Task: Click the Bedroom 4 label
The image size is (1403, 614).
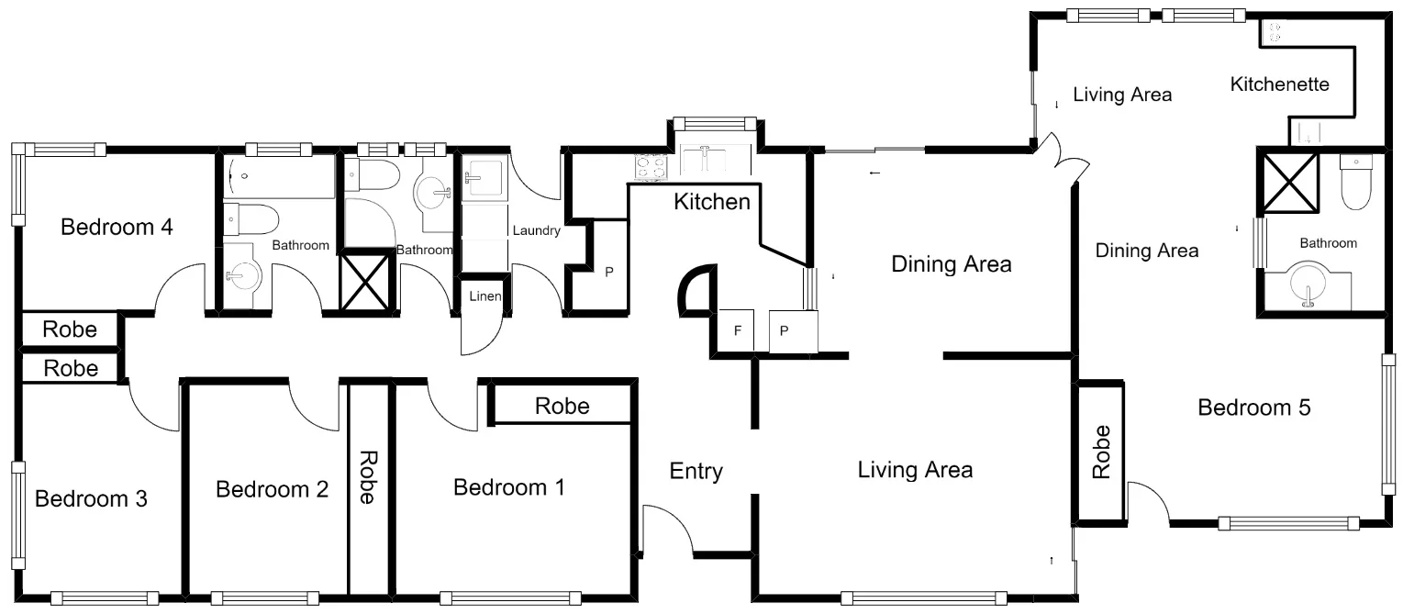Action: click(x=117, y=227)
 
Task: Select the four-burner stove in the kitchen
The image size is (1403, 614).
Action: click(x=651, y=166)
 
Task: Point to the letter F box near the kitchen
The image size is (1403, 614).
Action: click(x=736, y=331)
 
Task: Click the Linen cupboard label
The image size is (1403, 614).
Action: click(x=484, y=296)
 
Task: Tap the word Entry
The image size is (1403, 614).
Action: click(x=696, y=472)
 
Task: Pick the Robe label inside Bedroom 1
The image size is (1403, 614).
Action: click(x=562, y=406)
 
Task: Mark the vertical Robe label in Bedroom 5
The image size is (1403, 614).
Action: click(x=1101, y=453)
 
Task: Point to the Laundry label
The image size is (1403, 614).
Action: click(x=536, y=231)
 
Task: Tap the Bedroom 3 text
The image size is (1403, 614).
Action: click(x=91, y=499)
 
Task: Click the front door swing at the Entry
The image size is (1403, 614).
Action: click(x=669, y=530)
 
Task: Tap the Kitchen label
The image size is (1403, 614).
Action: click(x=712, y=201)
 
